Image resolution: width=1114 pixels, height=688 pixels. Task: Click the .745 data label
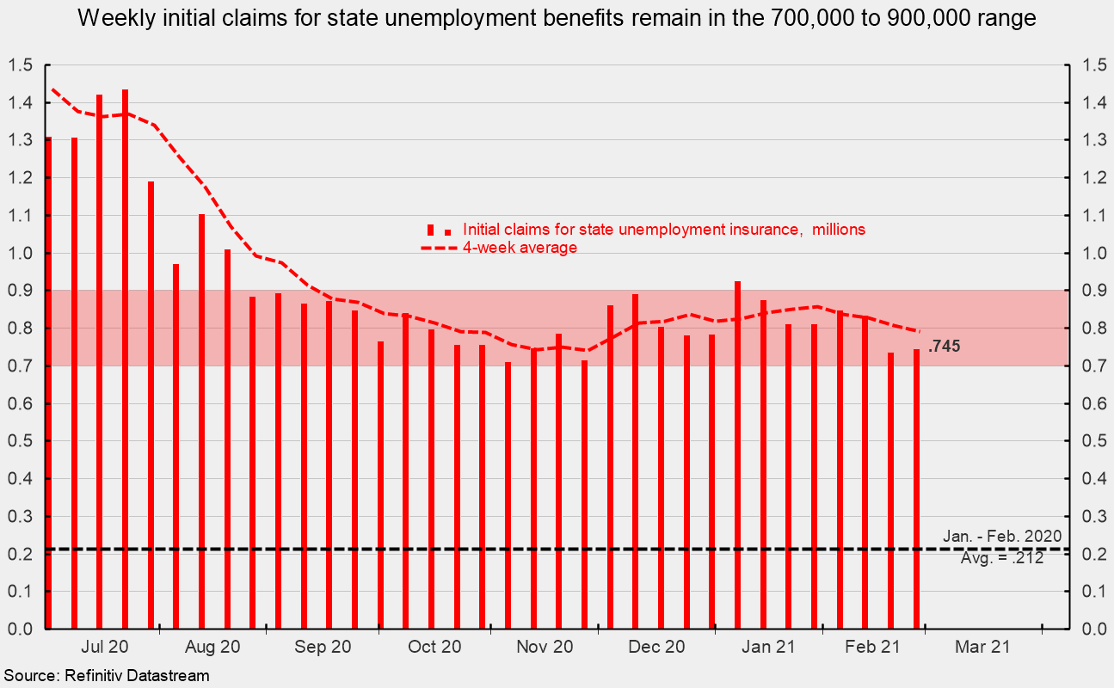[x=944, y=347]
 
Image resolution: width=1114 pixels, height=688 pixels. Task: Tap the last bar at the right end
[x=916, y=488]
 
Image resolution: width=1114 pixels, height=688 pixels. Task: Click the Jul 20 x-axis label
[x=108, y=648]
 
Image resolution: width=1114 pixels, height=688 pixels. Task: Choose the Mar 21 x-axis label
[x=982, y=648]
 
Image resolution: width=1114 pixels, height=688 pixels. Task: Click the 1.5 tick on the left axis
[x=21, y=65]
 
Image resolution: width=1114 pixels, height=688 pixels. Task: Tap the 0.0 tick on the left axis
[x=21, y=630]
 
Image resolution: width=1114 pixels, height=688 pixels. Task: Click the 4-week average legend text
[x=520, y=248]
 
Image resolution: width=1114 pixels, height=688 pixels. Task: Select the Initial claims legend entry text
[x=663, y=230]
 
